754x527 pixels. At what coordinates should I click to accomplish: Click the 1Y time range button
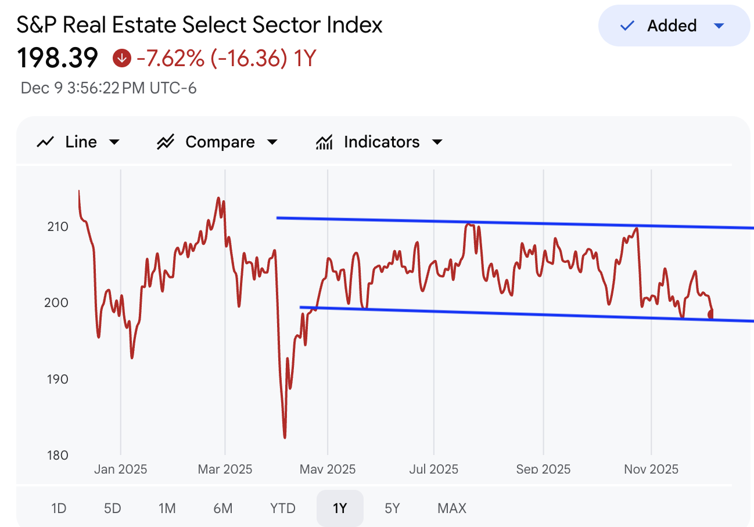pos(340,508)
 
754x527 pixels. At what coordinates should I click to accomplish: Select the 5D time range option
pos(112,508)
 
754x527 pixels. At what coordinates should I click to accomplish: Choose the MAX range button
pos(452,508)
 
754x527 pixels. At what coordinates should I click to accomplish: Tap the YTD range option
pos(283,508)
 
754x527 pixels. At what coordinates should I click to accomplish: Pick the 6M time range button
pos(222,508)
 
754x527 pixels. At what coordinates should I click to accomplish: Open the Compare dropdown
pos(218,142)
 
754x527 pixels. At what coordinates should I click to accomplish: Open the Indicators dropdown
pos(379,142)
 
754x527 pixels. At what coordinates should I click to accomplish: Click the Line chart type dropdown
pos(78,142)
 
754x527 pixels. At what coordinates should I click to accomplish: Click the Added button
pos(674,26)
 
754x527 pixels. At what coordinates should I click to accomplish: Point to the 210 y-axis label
pos(58,226)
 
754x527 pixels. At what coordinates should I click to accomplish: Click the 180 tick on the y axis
pos(58,455)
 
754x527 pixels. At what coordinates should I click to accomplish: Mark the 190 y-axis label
pos(58,379)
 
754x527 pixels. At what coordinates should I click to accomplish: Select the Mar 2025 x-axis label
pos(225,469)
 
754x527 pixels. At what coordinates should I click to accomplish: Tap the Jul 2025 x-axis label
pos(433,469)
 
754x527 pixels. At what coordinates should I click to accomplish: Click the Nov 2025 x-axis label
pos(651,469)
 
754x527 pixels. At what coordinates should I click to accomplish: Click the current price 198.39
pos(58,58)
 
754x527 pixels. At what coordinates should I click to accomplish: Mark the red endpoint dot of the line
pos(711,314)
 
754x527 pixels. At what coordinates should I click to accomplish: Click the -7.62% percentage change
pos(170,58)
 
